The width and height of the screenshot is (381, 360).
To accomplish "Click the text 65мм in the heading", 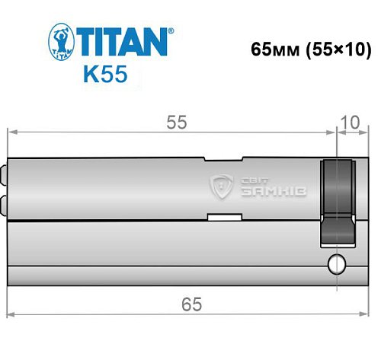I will pos(274,50).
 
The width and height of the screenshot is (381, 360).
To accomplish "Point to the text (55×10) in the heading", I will pos(337,50).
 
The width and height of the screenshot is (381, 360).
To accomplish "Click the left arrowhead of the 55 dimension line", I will pos(12,132).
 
